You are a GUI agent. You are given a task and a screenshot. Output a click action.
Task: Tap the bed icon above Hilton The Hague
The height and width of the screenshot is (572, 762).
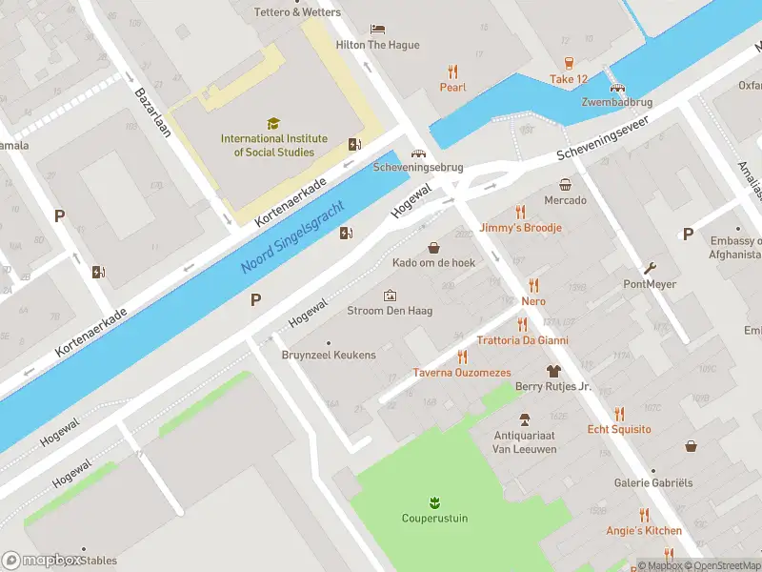click(x=377, y=29)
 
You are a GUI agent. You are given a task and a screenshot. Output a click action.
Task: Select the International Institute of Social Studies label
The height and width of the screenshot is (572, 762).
click(x=273, y=145)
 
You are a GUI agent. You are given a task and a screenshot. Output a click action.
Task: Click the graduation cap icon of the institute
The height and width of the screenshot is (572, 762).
click(x=273, y=123)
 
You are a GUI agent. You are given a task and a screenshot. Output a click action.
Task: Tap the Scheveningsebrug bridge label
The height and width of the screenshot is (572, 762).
click(x=418, y=167)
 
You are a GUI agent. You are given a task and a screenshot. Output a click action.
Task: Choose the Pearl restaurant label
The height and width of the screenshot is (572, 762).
click(x=452, y=87)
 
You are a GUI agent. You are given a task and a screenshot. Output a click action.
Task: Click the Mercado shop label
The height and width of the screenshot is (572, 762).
click(x=565, y=200)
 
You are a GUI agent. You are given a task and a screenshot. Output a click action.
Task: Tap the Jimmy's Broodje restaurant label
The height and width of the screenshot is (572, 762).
click(x=520, y=228)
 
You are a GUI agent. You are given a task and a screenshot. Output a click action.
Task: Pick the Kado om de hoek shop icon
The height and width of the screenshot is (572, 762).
click(x=434, y=247)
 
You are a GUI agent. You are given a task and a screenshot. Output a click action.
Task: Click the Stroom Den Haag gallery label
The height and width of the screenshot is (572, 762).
click(x=389, y=310)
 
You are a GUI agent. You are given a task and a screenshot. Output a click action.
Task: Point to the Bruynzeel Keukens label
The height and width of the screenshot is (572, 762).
click(x=329, y=356)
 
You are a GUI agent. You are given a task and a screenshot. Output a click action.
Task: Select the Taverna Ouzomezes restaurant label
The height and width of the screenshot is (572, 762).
click(x=462, y=373)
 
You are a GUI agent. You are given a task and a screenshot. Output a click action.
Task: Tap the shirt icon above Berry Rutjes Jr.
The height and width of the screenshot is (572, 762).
click(x=552, y=371)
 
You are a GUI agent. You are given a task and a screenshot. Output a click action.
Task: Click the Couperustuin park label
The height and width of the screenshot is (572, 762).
click(x=434, y=519)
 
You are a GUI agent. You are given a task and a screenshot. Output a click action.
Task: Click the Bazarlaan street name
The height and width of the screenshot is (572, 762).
click(x=152, y=112)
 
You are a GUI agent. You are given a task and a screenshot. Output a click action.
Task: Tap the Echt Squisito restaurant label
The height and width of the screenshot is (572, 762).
click(x=619, y=429)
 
